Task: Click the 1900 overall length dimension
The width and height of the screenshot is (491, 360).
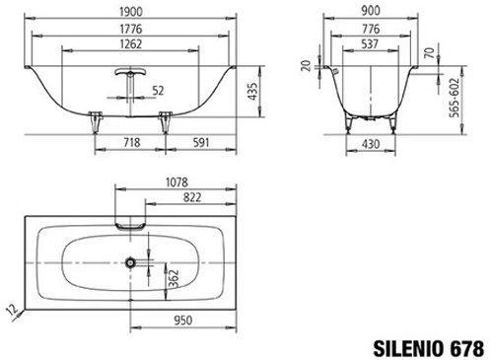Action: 131,12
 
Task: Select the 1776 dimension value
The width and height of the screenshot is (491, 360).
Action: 131,29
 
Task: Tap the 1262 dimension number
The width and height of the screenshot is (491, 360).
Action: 131,44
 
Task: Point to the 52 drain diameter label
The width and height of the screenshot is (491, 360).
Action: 158,91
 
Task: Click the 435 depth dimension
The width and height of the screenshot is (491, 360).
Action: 252,92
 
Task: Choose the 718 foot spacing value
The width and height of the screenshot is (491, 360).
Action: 132,142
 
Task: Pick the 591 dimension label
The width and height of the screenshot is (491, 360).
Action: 201,142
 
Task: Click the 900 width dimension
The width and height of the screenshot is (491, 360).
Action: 371,11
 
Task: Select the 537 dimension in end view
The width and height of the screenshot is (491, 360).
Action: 370,44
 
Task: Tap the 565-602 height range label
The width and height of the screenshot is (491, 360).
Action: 455,98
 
